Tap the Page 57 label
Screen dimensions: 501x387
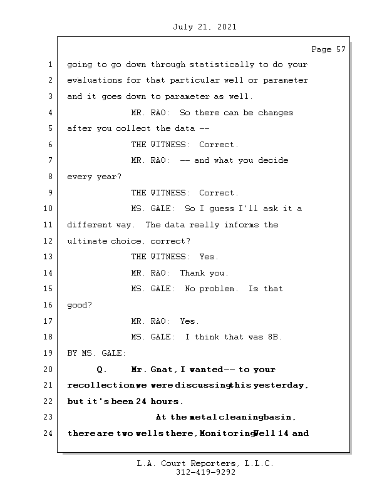coord(328,49)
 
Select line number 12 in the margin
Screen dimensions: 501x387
coord(49,241)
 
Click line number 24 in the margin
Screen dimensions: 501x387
coord(49,433)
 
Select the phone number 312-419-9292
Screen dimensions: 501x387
coord(205,473)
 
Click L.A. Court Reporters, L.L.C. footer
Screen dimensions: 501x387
coord(205,464)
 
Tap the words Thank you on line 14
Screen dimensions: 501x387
coord(204,273)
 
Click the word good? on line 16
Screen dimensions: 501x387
coord(80,305)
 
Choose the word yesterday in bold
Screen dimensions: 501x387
coord(281,385)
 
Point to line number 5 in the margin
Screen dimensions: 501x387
coord(49,128)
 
